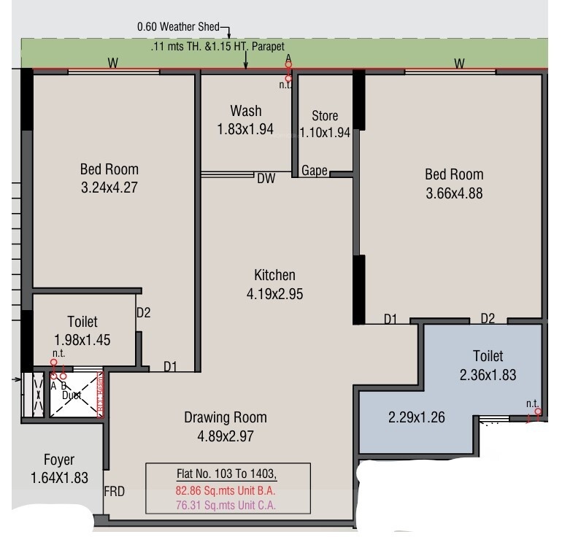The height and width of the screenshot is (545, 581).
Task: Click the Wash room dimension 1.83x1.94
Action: [245, 129]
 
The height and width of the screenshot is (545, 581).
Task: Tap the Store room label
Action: [325, 116]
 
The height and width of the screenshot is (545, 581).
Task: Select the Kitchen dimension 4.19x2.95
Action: [274, 295]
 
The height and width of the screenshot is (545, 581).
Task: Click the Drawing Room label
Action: [225, 418]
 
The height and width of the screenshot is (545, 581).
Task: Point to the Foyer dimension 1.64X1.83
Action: [58, 479]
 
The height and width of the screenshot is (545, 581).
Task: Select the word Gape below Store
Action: [315, 171]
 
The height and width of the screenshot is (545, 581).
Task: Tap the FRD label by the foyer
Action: [115, 492]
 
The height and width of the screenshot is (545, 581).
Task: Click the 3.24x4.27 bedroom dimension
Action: [109, 188]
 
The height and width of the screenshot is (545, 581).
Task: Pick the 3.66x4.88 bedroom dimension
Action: [454, 194]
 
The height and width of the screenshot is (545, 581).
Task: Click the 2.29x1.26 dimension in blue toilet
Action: [415, 419]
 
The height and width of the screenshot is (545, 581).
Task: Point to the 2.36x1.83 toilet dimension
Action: [488, 375]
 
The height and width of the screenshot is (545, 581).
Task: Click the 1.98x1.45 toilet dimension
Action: [82, 340]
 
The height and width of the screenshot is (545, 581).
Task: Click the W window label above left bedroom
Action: [113, 63]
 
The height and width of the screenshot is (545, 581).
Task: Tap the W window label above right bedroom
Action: [458, 63]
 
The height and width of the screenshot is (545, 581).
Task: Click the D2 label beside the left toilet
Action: [144, 313]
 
